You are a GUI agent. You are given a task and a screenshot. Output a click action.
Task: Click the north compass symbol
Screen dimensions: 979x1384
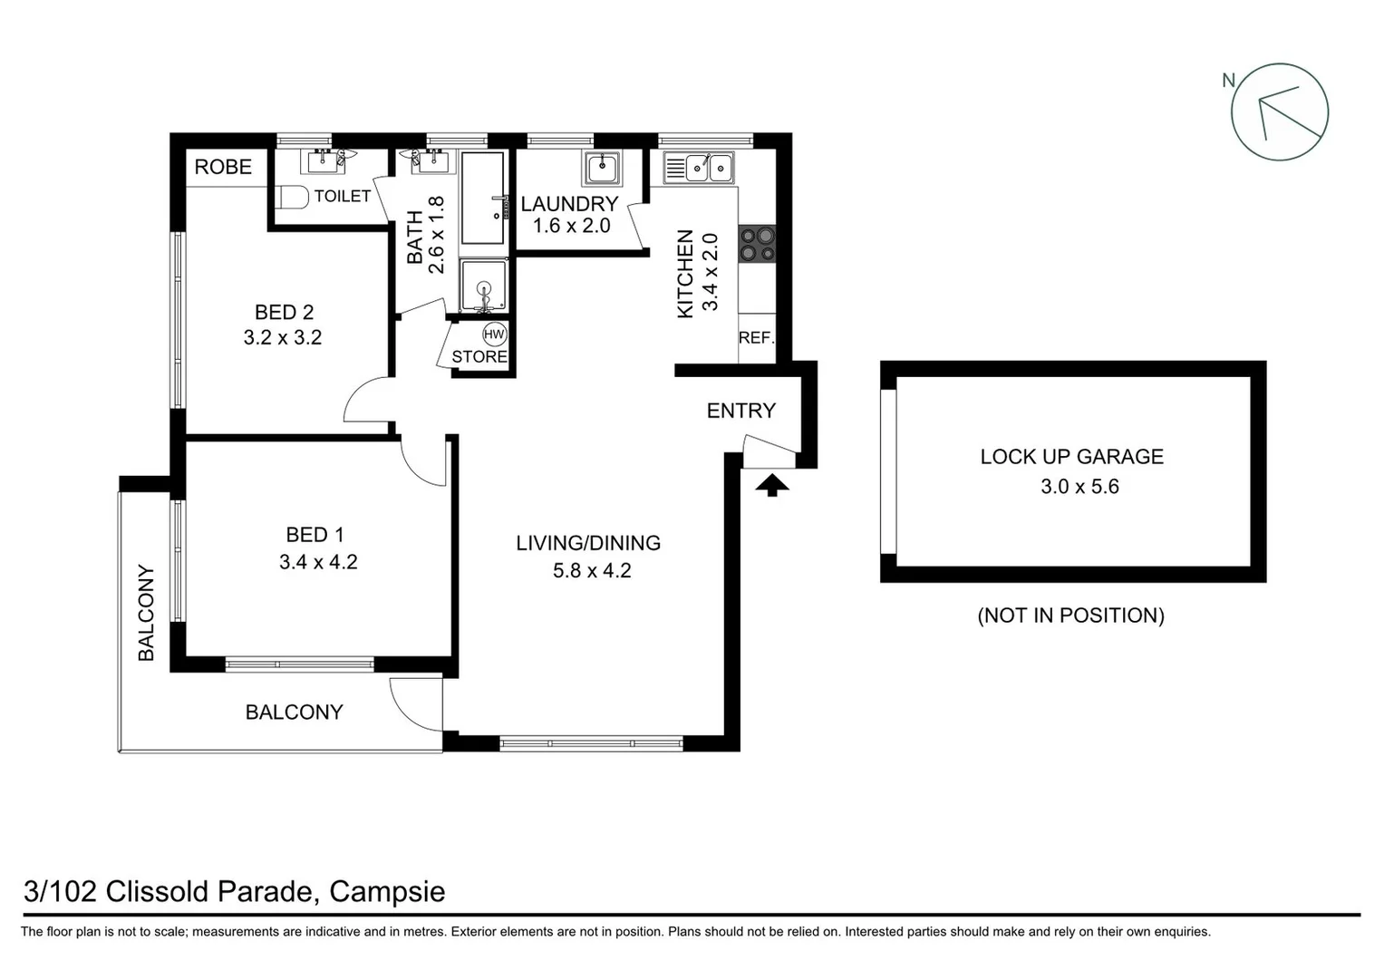[1279, 112]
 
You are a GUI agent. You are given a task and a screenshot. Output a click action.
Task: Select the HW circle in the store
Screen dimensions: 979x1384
[494, 334]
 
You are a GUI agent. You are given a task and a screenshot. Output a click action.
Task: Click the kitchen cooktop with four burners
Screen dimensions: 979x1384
[758, 244]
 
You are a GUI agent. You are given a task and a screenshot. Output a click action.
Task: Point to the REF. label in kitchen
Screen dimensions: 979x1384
[757, 338]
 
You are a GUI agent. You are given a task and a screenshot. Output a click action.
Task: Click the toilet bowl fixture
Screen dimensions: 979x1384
[292, 196]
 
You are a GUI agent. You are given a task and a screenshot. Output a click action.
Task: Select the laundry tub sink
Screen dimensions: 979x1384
[602, 169]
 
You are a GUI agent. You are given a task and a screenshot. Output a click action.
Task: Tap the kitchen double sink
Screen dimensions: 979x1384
[708, 168]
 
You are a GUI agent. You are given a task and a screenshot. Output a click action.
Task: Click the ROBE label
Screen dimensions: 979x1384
[223, 167]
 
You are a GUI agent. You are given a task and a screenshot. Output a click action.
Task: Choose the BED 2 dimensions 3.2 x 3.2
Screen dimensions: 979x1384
[283, 337]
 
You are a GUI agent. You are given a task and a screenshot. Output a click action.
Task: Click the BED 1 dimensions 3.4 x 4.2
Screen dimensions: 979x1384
[318, 562]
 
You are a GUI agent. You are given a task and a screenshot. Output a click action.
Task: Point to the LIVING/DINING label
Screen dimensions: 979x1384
[588, 543]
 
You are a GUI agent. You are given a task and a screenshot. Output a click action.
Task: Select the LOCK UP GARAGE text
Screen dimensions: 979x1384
[1071, 457]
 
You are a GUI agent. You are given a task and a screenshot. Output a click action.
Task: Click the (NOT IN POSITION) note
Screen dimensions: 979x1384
[1070, 616]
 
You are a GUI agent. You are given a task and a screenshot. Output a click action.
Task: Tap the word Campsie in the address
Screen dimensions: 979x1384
[387, 892]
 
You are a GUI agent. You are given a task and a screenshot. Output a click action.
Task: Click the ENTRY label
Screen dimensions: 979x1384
[741, 411]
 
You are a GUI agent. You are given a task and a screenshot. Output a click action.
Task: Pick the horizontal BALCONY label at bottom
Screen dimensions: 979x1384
[295, 712]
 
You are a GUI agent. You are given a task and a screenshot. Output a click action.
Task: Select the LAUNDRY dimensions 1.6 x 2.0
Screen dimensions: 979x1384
[571, 226]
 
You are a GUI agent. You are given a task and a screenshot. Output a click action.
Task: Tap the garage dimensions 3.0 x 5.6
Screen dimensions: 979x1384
[1079, 487]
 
